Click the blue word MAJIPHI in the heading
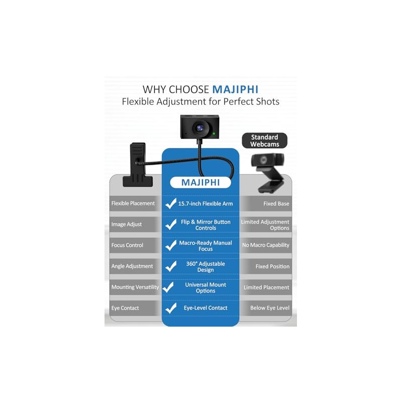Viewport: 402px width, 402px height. tap(235, 89)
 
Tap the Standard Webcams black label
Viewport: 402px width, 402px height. tap(265, 141)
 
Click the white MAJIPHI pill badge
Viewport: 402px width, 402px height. tap(200, 182)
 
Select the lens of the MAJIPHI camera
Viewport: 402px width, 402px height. tap(200, 128)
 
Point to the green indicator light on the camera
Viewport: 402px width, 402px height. tap(214, 133)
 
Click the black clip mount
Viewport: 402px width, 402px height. tap(138, 165)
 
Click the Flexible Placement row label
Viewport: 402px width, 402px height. tap(133, 204)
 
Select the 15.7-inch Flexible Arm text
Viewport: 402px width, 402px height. tap(206, 204)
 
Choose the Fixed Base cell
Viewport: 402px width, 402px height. tap(276, 204)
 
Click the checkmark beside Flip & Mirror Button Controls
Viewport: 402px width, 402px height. tap(171, 224)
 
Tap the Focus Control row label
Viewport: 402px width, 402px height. tap(127, 245)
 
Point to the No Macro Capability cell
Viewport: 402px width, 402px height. tap(266, 245)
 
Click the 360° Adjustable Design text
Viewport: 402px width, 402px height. tap(206, 267)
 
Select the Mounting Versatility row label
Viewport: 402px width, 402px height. tap(135, 287)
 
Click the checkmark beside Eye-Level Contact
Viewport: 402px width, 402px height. tap(171, 308)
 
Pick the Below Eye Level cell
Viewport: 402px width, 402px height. tap(270, 308)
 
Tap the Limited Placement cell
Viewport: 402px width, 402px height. tap(266, 287)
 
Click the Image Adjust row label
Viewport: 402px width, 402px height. tap(127, 224)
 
